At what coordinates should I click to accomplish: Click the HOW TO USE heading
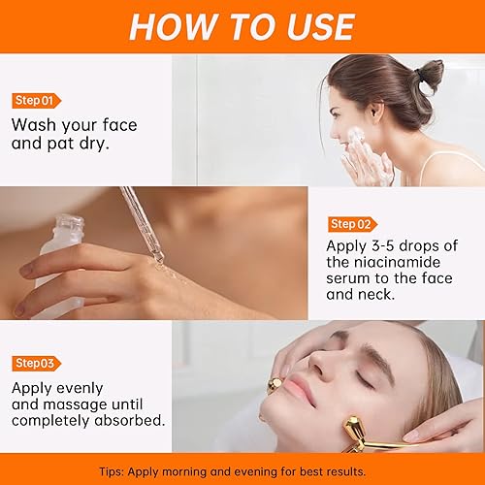click(x=242, y=26)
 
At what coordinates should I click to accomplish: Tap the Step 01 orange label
click(x=37, y=100)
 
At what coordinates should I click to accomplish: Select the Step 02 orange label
click(x=354, y=224)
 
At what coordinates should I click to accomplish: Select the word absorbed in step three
click(x=128, y=422)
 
